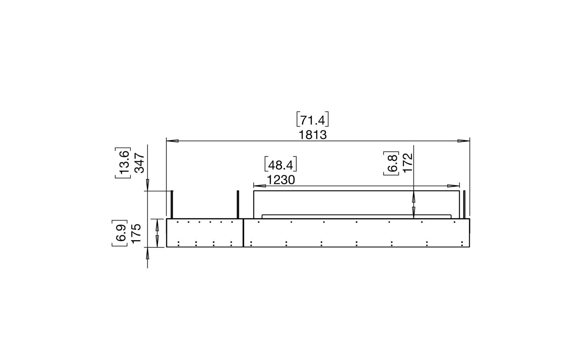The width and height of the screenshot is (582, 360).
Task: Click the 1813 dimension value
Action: click(x=312, y=135)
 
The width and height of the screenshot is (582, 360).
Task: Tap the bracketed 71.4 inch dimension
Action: click(x=312, y=119)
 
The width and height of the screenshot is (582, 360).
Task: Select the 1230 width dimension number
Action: click(x=281, y=180)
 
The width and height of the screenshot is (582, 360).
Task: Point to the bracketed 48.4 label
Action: click(x=280, y=164)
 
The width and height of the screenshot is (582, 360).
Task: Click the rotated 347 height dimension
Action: click(x=140, y=163)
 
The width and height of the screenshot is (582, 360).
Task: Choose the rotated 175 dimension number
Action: click(x=136, y=233)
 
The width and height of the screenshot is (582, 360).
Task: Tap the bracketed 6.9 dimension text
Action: click(x=120, y=233)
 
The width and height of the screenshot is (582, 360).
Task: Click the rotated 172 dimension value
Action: click(x=408, y=162)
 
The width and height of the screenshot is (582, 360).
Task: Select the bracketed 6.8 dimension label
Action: click(x=391, y=163)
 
